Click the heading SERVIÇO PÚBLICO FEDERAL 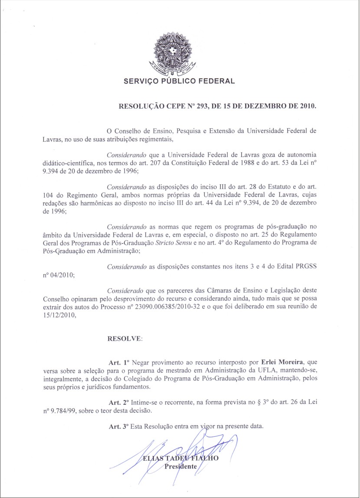(179, 81)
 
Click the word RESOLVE (124, 338)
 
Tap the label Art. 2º (120, 402)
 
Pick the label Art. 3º (120, 426)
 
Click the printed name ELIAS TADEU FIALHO (181, 459)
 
